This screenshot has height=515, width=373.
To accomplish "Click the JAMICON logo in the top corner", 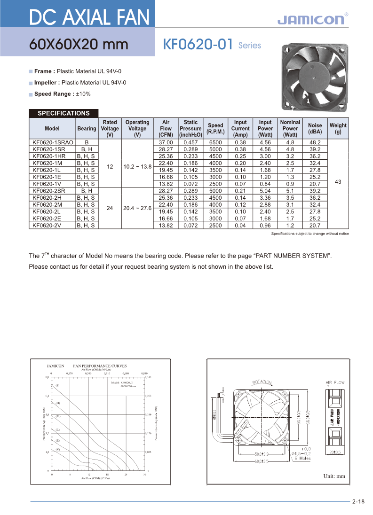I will pos(312,19).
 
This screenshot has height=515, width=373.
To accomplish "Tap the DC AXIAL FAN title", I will pos(89,18).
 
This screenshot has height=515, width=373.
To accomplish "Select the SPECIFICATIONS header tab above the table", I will pos(63,113).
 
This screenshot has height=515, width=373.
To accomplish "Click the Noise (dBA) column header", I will pos(315,128).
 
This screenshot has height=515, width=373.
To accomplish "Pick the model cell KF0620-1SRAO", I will pos(52,142).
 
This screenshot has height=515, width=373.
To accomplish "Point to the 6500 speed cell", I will pos(215,142).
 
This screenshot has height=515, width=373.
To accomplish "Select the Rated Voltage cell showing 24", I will pos(110,208).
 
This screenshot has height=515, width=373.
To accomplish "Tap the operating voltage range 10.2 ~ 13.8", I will pos(137,166).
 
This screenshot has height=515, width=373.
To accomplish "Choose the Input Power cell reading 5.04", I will pos(265,191).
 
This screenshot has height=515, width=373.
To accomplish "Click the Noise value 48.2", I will pos(315,142).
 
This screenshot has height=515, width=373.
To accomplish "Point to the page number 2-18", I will pos(358,501).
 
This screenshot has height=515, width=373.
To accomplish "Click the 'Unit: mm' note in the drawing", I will pos(334,476).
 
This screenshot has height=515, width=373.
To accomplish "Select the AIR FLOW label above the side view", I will pos(335,382).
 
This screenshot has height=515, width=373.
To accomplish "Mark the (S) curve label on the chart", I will pos(57,385).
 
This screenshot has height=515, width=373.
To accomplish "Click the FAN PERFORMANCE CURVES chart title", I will pos(100,365).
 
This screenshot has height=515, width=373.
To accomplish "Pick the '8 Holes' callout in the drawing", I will pos(302,458).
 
